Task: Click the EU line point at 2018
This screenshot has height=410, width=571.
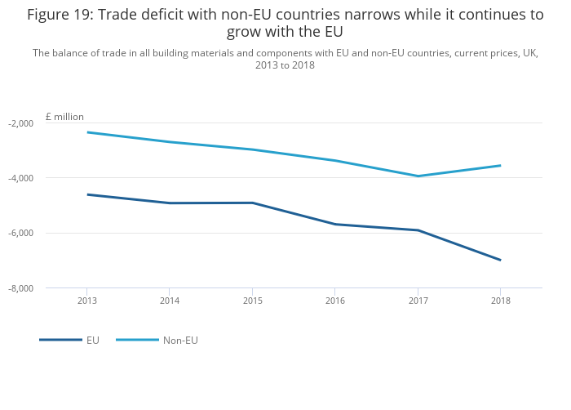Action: [x=500, y=260]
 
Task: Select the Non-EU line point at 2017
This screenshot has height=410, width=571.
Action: [x=418, y=176]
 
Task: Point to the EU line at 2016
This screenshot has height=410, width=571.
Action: [x=334, y=224]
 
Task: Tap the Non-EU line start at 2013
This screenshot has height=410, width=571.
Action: [x=87, y=132]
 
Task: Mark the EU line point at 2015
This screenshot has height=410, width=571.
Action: [x=252, y=203]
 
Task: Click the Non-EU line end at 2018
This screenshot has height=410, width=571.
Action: [x=500, y=165]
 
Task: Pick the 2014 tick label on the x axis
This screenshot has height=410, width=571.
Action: [x=170, y=300]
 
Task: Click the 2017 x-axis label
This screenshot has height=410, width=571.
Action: [x=418, y=300]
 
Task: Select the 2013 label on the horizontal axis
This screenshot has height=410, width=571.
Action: [x=87, y=300]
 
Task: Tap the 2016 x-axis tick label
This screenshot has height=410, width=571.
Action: [x=334, y=300]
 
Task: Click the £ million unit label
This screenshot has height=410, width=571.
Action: [x=64, y=117]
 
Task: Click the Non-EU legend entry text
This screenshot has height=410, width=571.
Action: [x=180, y=340]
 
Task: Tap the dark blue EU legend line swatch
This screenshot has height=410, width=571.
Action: [x=60, y=340]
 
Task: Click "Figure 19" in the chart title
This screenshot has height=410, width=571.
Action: [x=60, y=15]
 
